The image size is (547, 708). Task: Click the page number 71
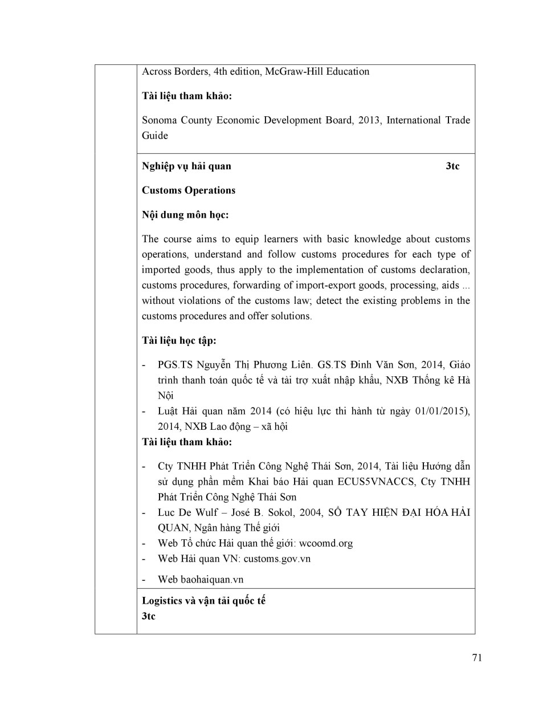click(477, 657)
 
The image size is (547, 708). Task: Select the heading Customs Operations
click(189, 190)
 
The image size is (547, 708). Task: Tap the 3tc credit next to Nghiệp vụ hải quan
click(452, 166)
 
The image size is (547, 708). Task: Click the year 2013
click(369, 120)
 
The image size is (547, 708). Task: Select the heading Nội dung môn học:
click(185, 215)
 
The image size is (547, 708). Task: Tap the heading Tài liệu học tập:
click(179, 341)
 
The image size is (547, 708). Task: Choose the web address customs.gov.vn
click(277, 559)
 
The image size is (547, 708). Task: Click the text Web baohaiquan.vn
click(201, 580)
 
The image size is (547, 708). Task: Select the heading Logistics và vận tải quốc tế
click(203, 601)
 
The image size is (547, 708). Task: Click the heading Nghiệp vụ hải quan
click(186, 166)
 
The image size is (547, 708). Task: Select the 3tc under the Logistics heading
click(149, 616)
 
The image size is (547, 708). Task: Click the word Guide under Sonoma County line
click(155, 136)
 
